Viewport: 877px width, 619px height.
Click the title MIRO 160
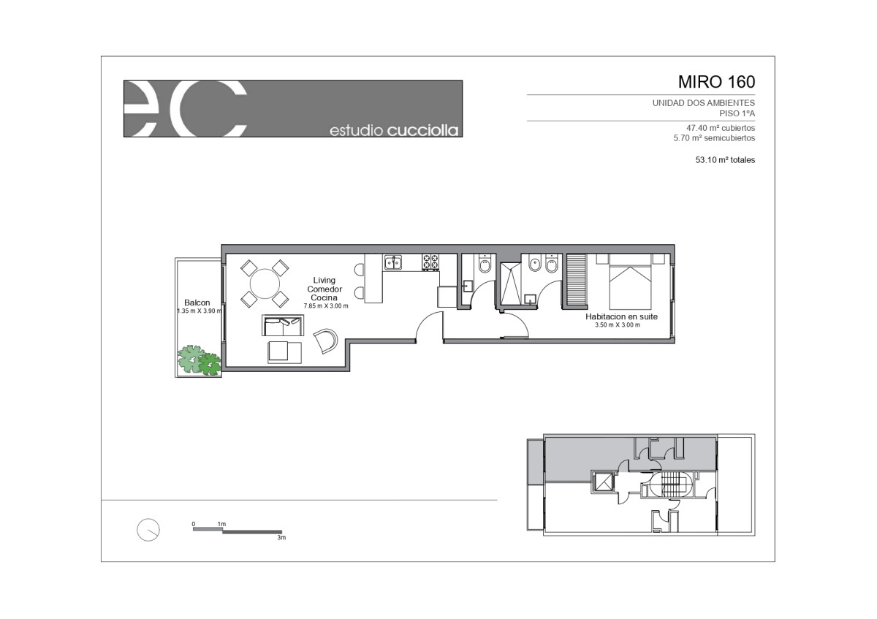pos(716,82)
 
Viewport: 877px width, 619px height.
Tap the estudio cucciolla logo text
pos(394,130)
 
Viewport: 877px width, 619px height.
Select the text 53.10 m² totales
pos(725,160)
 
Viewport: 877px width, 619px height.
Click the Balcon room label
pos(197,303)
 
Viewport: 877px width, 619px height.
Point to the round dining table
pos(265,284)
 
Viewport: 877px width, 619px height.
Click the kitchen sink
pos(392,262)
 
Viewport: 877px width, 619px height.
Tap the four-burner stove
pos(430,262)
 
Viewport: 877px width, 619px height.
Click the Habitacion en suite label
pos(621,316)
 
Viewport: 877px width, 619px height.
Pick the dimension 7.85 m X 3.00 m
pos(326,306)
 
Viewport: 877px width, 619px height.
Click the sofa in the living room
pos(283,325)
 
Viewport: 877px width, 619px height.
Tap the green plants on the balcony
pos(200,360)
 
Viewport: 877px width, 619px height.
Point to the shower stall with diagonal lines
pos(511,284)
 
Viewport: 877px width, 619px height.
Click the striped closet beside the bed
pos(577,280)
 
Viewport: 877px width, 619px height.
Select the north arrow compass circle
pos(148,530)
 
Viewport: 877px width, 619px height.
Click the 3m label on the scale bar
pos(281,538)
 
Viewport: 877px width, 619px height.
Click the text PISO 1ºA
pos(737,113)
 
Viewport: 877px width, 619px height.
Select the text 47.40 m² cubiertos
pos(721,128)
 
